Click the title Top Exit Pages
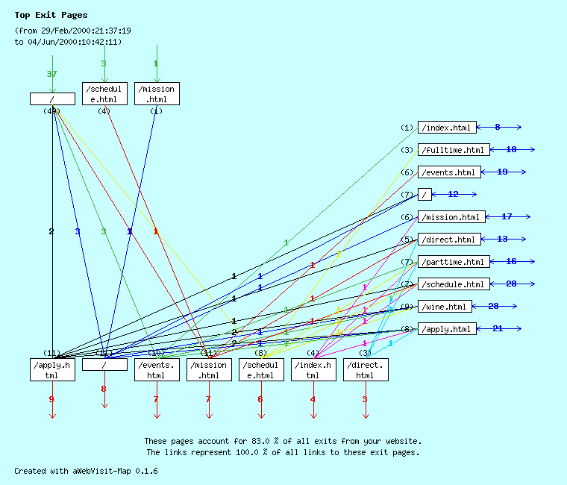[51, 15]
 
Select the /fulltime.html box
[454, 150]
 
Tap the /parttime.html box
[454, 262]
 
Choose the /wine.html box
[445, 307]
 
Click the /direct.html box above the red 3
[365, 370]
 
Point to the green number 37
[51, 75]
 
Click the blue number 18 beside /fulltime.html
[511, 150]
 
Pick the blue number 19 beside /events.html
[502, 172]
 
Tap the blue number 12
[453, 195]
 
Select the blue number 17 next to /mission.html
[507, 217]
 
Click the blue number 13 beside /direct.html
[502, 240]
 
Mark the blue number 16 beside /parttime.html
[511, 262]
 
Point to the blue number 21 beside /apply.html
[498, 329]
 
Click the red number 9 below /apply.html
[51, 400]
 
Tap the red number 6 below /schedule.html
[260, 400]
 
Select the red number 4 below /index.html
[313, 400]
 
